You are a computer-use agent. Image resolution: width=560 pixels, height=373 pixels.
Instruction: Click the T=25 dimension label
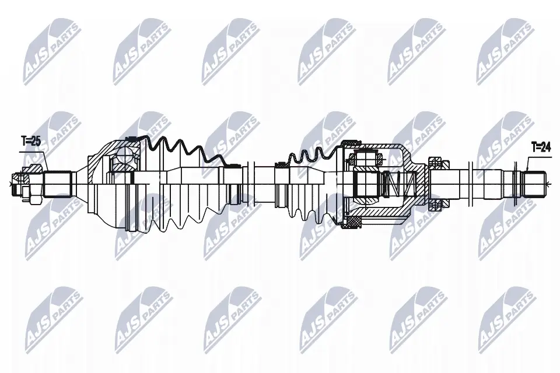point(31,141)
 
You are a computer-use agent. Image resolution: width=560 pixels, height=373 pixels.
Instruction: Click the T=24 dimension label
point(541,147)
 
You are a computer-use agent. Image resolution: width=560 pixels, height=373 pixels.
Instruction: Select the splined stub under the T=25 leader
point(58,184)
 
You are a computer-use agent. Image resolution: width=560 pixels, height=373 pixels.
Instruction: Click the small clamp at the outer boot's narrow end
point(235,166)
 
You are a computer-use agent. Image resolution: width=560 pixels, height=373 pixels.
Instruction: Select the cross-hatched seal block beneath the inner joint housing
point(352,223)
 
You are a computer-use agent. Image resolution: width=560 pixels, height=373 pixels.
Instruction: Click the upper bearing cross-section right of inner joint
point(438,163)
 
